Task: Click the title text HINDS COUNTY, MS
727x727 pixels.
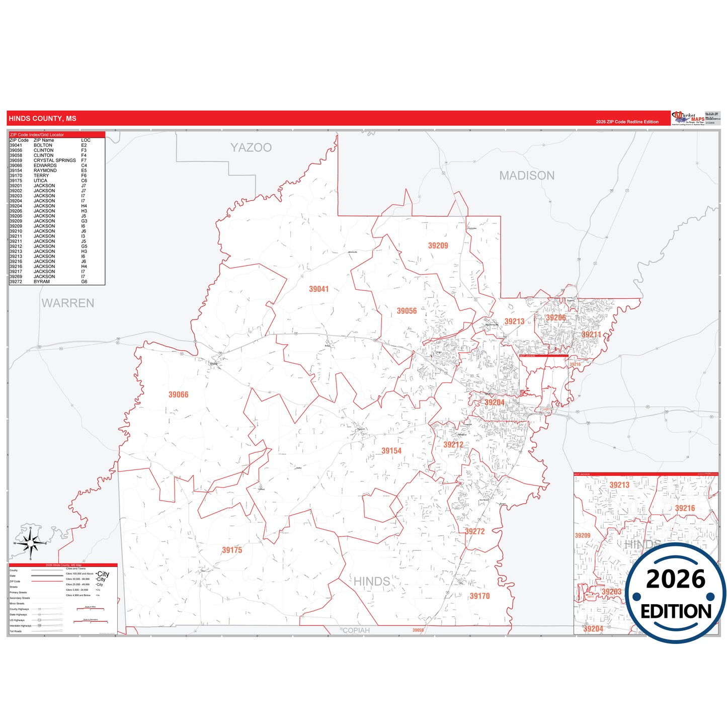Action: [x=43, y=119]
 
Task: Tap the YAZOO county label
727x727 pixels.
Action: [x=251, y=147]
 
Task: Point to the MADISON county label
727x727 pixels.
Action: [x=527, y=176]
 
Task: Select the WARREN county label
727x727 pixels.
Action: [x=68, y=303]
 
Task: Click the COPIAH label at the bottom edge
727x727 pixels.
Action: [x=356, y=630]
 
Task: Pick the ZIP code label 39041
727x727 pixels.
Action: [x=318, y=289]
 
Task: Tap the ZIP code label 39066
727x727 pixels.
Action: [x=178, y=395]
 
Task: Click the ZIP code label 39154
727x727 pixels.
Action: [x=391, y=451]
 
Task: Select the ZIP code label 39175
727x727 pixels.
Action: [x=232, y=550]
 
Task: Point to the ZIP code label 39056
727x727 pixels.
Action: [x=407, y=311]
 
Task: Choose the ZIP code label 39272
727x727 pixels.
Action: [x=474, y=532]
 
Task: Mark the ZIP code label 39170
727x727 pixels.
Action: [x=479, y=596]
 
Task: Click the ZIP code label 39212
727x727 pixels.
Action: [x=453, y=445]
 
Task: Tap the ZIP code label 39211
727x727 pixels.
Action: [x=591, y=335]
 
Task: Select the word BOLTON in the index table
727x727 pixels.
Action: [x=43, y=145]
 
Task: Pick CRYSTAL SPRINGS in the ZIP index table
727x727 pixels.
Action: [x=54, y=160]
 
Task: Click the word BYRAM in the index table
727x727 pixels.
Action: [x=42, y=282]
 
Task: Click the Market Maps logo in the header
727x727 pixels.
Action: [x=688, y=118]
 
